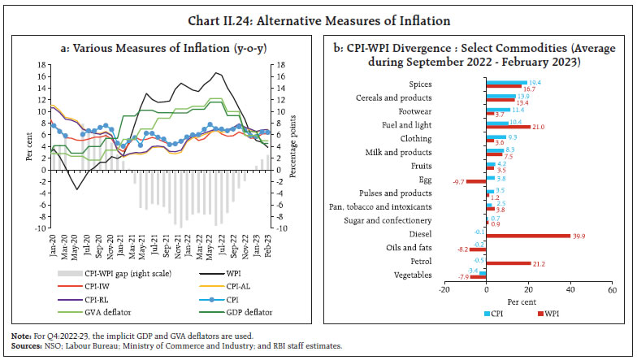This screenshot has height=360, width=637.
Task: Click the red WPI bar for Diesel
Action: [527, 237]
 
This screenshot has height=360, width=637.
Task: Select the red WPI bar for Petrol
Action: [508, 265]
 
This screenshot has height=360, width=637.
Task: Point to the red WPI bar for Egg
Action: [475, 182]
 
